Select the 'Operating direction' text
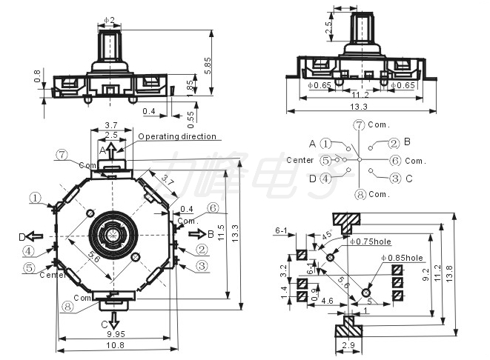(178, 136)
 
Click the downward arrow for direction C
(113, 319)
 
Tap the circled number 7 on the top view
(62, 155)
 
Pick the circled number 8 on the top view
(67, 306)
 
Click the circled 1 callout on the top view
(35, 197)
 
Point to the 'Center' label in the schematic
(301, 160)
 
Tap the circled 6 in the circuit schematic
(395, 160)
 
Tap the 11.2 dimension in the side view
(361, 96)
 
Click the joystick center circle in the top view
(113, 235)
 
